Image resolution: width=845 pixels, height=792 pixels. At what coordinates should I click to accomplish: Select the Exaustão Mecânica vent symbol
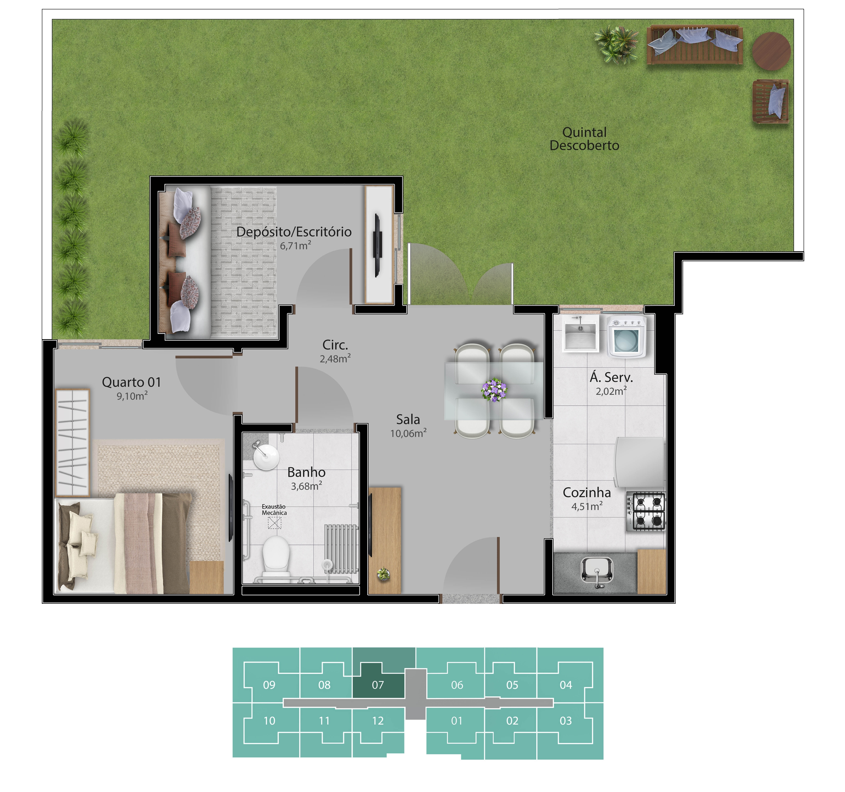275,523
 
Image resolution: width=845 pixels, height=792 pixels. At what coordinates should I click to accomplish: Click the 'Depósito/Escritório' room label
294,232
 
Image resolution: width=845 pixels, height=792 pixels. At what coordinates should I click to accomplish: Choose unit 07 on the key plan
378,685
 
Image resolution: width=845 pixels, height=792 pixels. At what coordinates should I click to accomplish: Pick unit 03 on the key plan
566,721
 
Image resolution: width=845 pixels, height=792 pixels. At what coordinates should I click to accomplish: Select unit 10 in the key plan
270,721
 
